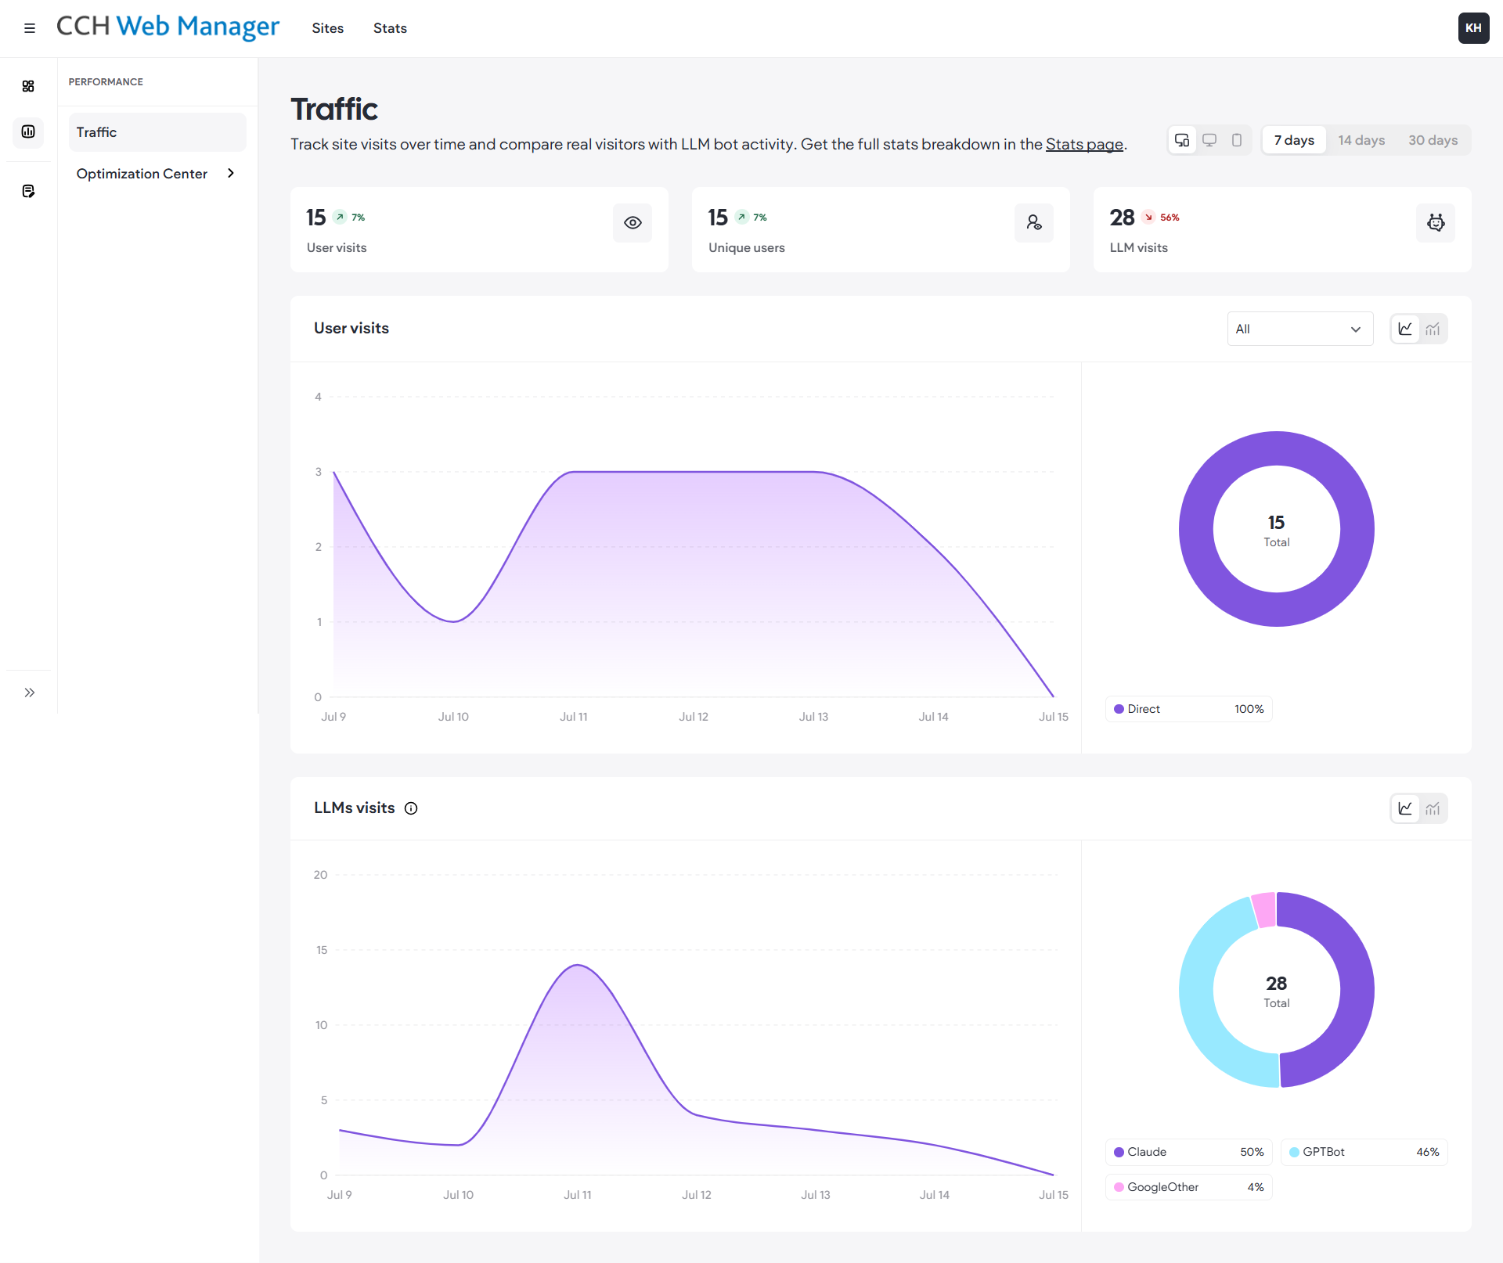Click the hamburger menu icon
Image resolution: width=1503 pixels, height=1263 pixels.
(30, 28)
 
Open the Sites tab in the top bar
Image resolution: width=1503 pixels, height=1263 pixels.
(327, 28)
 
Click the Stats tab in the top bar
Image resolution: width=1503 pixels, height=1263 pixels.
(390, 28)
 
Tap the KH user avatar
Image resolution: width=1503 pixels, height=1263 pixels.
(1473, 28)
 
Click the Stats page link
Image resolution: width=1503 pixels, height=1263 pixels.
(1084, 144)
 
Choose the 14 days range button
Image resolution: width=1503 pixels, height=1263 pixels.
(1361, 140)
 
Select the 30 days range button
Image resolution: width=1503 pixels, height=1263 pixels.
(1433, 140)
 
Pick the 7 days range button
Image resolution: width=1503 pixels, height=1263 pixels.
(1294, 140)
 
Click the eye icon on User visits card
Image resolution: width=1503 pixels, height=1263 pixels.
(633, 223)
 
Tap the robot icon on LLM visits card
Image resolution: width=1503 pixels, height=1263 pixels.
(1436, 223)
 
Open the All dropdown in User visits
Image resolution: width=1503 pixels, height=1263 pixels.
(1299, 329)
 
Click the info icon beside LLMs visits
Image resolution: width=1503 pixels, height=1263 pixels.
(411, 808)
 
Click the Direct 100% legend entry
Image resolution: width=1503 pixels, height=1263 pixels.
(1188, 709)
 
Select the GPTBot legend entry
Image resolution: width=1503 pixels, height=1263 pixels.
(1364, 1152)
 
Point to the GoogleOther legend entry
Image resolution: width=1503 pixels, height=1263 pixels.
(1188, 1187)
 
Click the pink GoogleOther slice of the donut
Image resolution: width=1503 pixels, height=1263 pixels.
(1264, 909)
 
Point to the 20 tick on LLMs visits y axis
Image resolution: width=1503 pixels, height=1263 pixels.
(320, 875)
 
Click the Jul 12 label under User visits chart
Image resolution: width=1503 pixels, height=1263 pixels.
(693, 717)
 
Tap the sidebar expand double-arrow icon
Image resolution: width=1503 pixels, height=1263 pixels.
(30, 693)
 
